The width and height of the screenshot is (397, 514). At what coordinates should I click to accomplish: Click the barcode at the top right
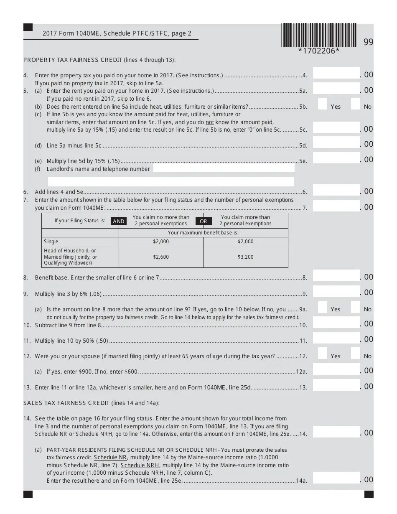[319, 34]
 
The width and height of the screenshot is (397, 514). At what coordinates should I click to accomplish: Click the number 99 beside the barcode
[368, 42]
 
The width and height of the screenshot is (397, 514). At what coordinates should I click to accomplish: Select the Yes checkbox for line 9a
[322, 307]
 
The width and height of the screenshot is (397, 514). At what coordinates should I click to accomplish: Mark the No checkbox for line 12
[355, 354]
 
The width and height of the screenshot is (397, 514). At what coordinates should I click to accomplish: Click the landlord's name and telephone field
[224, 168]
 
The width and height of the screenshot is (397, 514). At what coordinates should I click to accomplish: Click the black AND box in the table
[119, 221]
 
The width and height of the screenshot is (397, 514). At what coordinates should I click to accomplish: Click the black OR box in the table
[204, 221]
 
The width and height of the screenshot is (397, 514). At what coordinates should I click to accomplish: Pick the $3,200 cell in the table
[245, 257]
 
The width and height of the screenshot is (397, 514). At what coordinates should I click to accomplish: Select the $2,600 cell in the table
[161, 257]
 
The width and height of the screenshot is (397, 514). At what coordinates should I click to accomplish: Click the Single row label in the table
[51, 242]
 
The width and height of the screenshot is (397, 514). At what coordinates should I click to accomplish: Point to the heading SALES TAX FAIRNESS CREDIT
[66, 403]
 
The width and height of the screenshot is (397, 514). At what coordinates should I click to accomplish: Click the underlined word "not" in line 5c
[209, 122]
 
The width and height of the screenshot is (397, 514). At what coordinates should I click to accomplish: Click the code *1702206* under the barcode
[318, 51]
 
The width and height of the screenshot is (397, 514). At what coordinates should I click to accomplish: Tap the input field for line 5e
[336, 158]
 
